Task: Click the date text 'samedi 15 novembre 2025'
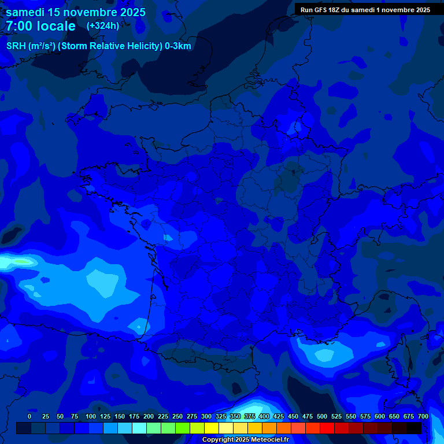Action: [x=75, y=12]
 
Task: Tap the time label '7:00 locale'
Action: [x=40, y=27]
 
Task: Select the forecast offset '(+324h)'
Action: [x=103, y=26]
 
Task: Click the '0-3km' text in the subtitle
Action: [x=177, y=46]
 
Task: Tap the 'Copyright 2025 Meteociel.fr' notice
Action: [x=245, y=440]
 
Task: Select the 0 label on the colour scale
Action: [x=29, y=416]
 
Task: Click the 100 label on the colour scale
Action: [x=91, y=416]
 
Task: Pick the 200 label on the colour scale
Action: [x=149, y=416]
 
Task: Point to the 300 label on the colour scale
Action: [x=206, y=416]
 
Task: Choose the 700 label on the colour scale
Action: [x=423, y=416]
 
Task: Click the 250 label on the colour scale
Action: [x=177, y=416]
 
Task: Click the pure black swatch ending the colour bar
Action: [x=413, y=428]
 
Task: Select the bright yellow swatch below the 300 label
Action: [x=212, y=428]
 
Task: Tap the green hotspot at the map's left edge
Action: [x=22, y=262]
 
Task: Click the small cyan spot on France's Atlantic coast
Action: [x=167, y=237]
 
